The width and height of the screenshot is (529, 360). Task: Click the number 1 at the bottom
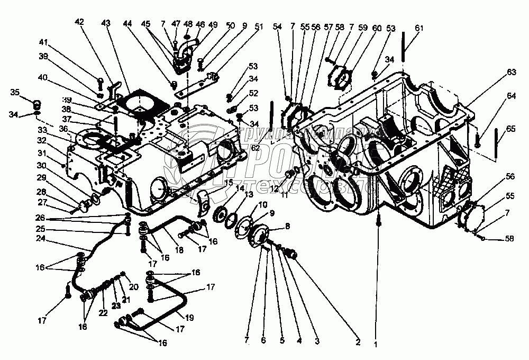(376, 344)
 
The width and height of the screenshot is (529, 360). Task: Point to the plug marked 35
(38, 103)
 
